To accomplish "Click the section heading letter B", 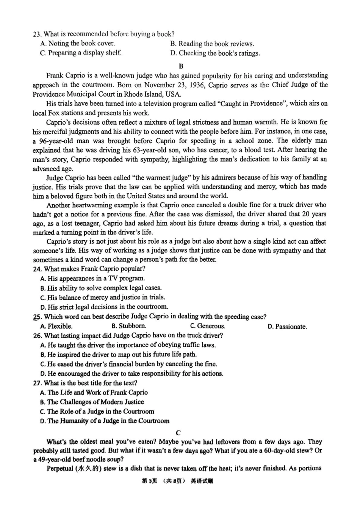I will point(181,66).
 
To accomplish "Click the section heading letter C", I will point(178,432).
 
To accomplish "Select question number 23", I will point(37,34).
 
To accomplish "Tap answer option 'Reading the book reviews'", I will point(216,44).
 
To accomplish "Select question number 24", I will point(37,269).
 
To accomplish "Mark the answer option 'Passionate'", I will point(291,327).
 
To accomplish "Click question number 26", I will point(37,335).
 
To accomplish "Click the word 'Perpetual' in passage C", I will point(60,468).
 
